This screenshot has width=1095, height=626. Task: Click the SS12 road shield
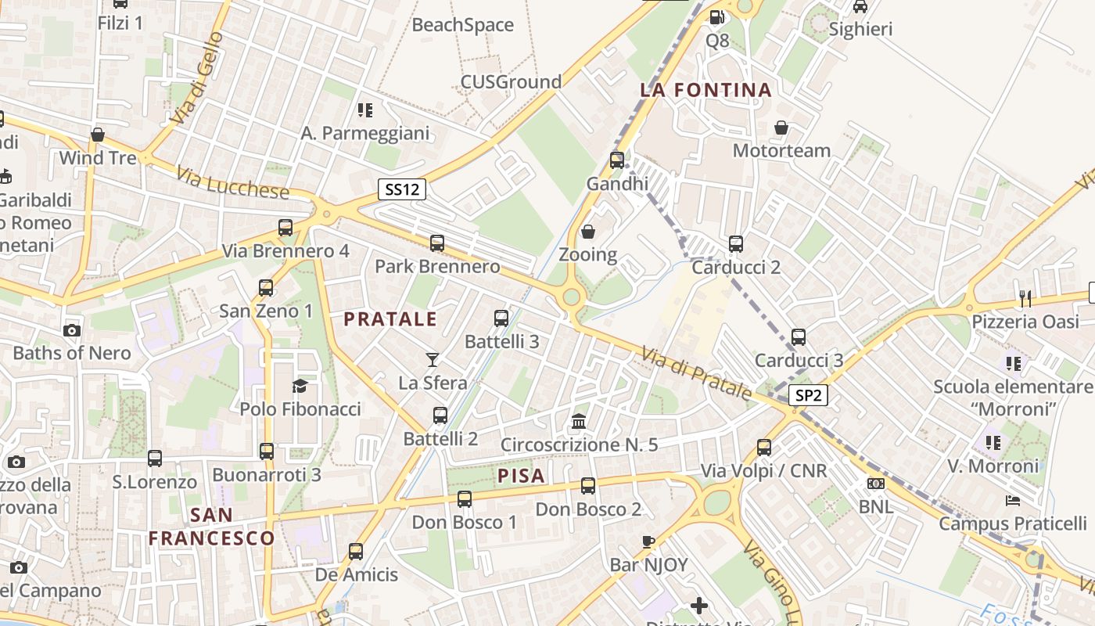point(402,189)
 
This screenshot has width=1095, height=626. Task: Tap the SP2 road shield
point(808,396)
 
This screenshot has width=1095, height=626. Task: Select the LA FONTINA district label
point(705,90)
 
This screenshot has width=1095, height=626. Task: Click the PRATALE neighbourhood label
point(390,319)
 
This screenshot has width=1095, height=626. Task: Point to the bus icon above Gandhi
point(617,160)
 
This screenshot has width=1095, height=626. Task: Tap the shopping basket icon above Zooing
point(588,232)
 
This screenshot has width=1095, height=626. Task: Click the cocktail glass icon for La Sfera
point(433,360)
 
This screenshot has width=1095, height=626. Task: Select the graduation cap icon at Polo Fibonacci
point(300,385)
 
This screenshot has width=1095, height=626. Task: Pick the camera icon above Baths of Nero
point(72,330)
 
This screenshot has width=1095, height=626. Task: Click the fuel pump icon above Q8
point(716,16)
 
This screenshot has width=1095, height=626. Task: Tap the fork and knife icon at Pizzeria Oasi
point(1025,298)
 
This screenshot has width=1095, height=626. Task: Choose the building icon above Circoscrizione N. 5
point(579,422)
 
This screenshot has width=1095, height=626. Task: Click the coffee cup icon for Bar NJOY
point(648,541)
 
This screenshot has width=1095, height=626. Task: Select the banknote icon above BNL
point(876,484)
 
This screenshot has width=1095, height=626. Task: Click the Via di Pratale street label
point(696,374)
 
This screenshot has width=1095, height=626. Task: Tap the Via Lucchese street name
point(232,182)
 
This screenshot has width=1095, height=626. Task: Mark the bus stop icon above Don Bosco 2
point(588,486)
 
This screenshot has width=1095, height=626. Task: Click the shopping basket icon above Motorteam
point(781,128)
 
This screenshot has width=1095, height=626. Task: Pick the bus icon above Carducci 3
point(799,337)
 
